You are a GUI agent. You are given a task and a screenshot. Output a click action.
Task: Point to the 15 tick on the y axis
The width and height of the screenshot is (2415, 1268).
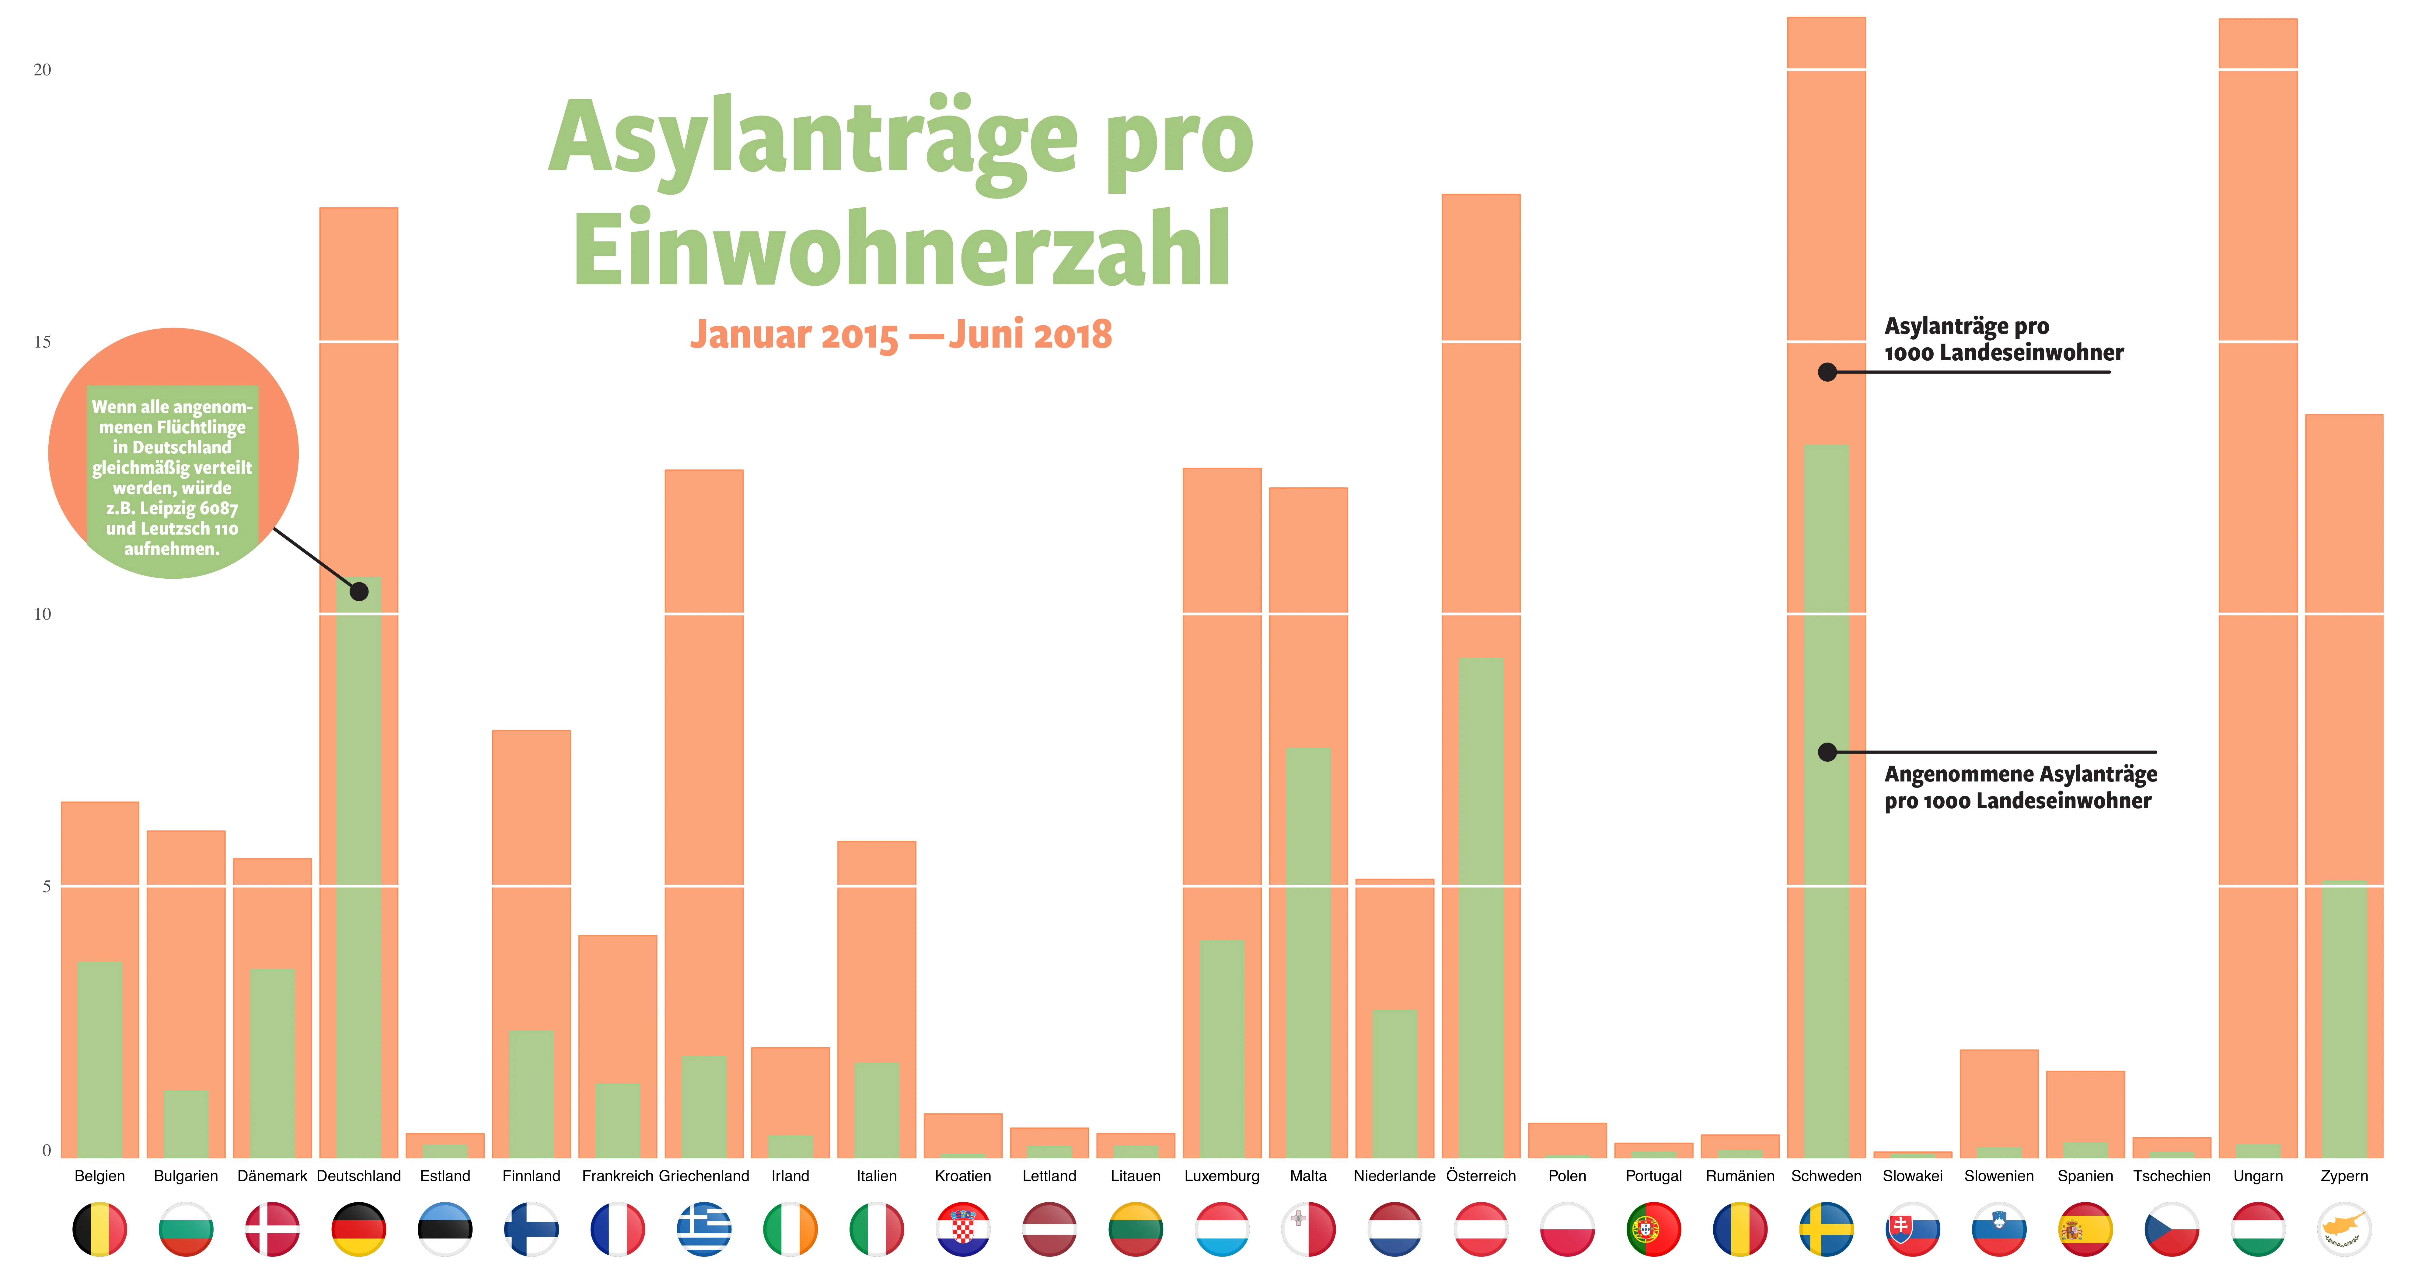(42, 342)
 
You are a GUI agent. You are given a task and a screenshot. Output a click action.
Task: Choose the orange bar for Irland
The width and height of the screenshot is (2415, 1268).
(790, 1087)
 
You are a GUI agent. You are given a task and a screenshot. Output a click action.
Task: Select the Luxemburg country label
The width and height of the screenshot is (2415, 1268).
(1222, 1176)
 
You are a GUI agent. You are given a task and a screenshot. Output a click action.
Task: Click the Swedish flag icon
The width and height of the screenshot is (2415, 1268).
(1826, 1229)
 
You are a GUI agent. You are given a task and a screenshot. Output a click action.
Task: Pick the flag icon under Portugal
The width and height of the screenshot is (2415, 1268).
(1654, 1229)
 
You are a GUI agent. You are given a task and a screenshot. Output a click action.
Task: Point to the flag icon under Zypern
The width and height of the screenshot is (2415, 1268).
(2344, 1229)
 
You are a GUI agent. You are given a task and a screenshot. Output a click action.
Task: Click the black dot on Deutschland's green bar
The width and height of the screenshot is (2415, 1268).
(359, 591)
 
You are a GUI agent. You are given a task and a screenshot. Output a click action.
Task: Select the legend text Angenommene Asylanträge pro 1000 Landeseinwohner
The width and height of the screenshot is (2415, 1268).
(2020, 787)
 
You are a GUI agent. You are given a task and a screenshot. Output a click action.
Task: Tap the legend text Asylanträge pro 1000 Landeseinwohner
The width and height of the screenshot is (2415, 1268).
(2003, 339)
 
